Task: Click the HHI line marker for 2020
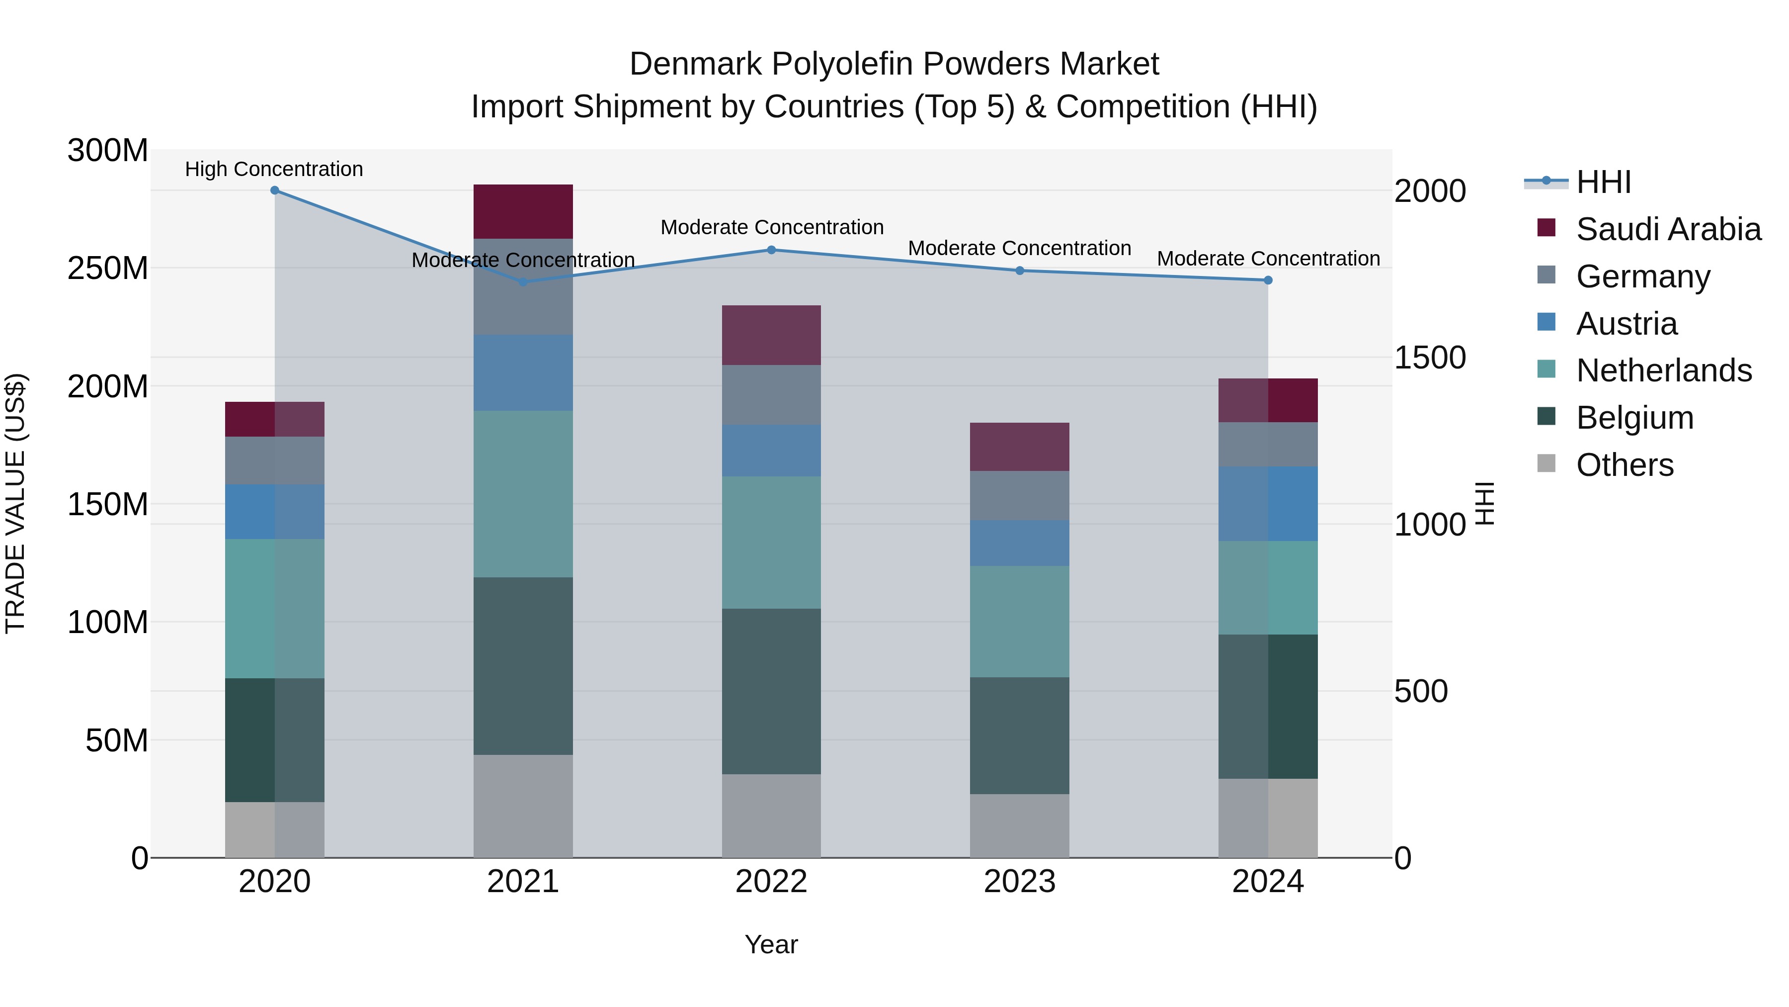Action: (x=274, y=190)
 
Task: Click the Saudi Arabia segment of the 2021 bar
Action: (x=523, y=211)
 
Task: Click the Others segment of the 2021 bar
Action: (x=523, y=806)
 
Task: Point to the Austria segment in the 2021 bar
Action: (x=523, y=372)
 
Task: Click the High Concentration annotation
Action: (x=274, y=170)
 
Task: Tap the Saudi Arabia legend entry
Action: (x=1667, y=229)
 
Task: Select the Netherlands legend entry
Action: (x=1663, y=370)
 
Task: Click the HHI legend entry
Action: (x=1603, y=182)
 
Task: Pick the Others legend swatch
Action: (x=1546, y=463)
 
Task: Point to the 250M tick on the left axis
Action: (x=108, y=268)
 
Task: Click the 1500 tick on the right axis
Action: (x=1429, y=358)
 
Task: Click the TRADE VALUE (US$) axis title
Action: (x=15, y=503)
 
